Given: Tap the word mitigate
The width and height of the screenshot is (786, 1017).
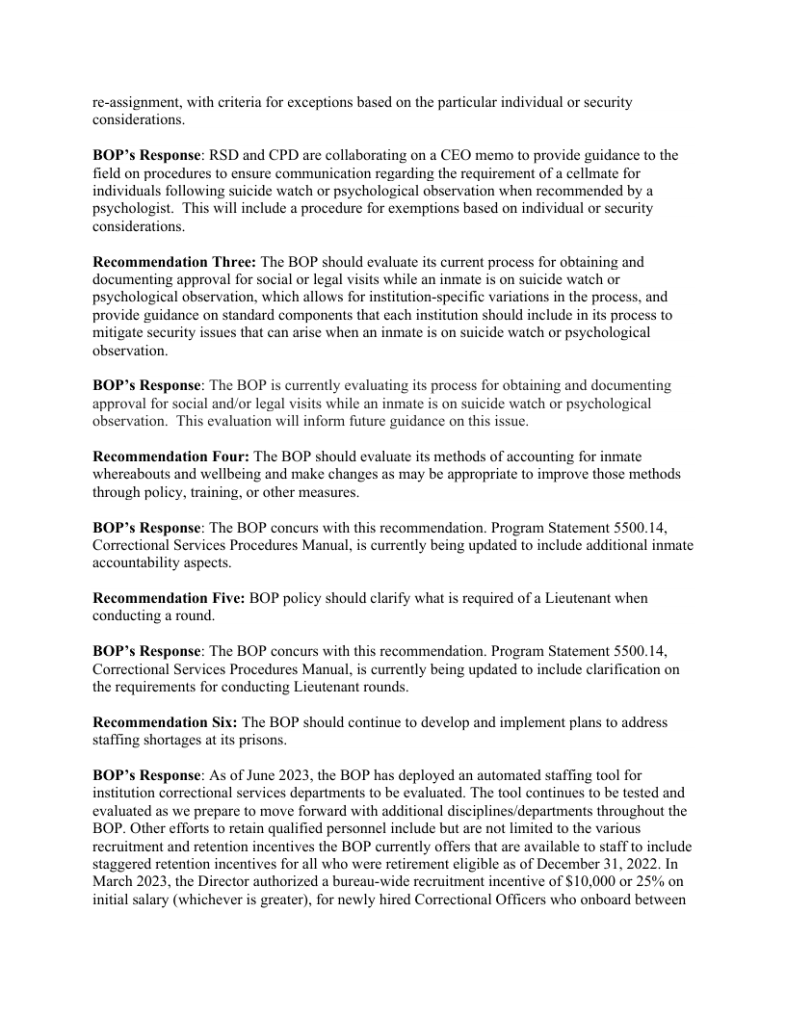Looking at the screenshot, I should tap(119, 332).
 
